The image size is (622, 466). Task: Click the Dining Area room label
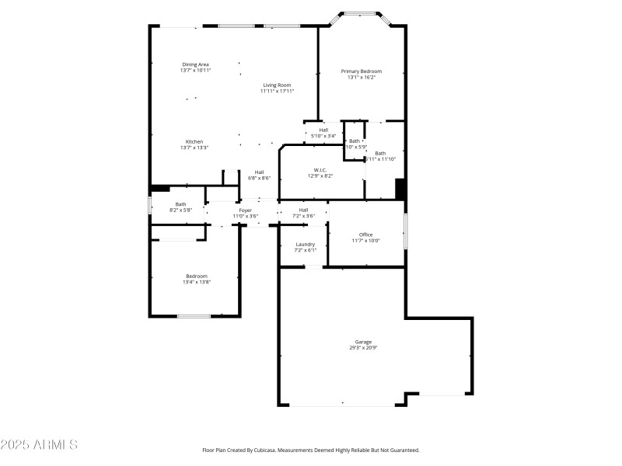pyautogui.click(x=195, y=64)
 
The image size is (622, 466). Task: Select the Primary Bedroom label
pyautogui.click(x=362, y=71)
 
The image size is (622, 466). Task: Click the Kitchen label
pyautogui.click(x=194, y=141)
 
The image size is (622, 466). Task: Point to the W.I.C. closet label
pyautogui.click(x=320, y=170)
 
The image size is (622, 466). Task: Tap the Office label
pyautogui.click(x=365, y=235)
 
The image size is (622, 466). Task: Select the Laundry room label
pyautogui.click(x=305, y=244)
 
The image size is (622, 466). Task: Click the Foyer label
pyautogui.click(x=245, y=210)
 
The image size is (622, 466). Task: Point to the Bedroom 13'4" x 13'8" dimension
pyautogui.click(x=197, y=282)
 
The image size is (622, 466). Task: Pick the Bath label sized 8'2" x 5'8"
pyautogui.click(x=180, y=204)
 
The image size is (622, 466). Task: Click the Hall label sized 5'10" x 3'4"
pyautogui.click(x=323, y=130)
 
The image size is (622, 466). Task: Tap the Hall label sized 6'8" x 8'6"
pyautogui.click(x=259, y=172)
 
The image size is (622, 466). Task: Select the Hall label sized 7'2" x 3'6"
pyautogui.click(x=303, y=210)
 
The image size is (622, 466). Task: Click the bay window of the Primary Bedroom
pyautogui.click(x=362, y=13)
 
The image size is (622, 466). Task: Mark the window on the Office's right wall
pyautogui.click(x=404, y=231)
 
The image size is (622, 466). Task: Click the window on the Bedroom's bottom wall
pyautogui.click(x=194, y=316)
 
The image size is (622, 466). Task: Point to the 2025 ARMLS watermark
pyautogui.click(x=39, y=445)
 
